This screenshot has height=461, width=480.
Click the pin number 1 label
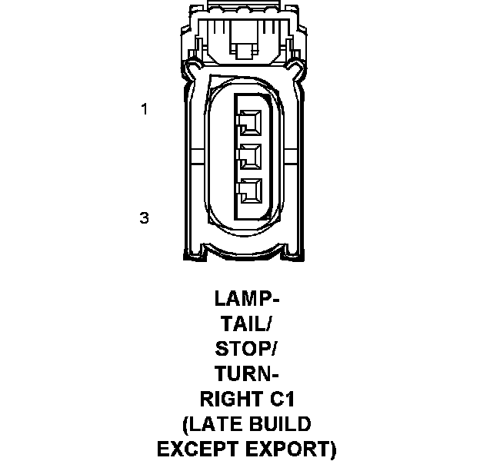(x=144, y=109)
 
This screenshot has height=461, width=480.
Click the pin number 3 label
(x=144, y=218)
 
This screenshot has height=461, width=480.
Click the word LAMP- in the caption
(x=247, y=298)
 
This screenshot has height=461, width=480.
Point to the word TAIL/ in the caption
(x=247, y=323)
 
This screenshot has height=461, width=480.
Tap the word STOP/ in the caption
(x=247, y=349)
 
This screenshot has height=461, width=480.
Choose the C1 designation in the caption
(x=283, y=400)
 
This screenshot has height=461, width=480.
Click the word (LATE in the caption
(x=210, y=425)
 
